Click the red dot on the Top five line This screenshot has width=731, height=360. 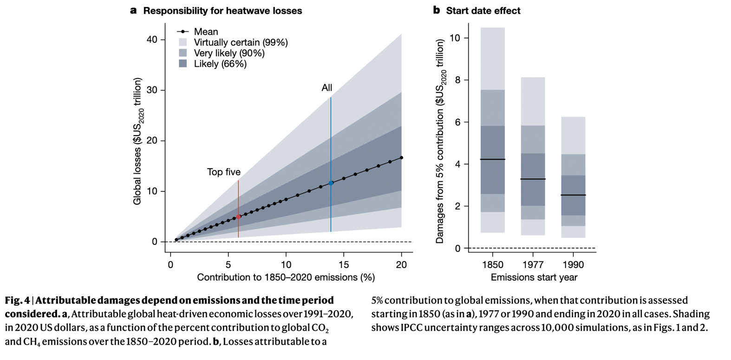point(238,216)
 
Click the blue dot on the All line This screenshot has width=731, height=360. point(331,183)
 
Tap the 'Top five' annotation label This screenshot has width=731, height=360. point(224,172)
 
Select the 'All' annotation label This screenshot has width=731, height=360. point(327,88)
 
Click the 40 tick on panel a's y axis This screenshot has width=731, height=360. point(152,39)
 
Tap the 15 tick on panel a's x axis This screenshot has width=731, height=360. point(344,264)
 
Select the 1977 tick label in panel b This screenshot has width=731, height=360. point(533,265)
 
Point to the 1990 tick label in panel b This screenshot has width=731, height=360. point(573,265)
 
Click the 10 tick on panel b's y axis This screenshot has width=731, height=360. point(456,38)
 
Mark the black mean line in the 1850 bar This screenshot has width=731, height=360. point(493,159)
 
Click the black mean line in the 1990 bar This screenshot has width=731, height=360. point(573,195)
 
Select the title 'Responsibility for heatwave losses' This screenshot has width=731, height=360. point(222,11)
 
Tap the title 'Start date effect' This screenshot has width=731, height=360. point(483,11)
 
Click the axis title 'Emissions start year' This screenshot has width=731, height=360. point(534,277)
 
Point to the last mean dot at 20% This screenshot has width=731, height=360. point(401,158)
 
